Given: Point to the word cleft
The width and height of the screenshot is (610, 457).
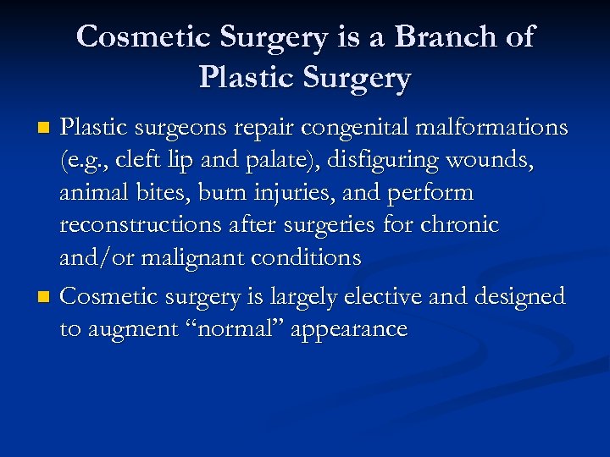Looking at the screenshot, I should (144, 160).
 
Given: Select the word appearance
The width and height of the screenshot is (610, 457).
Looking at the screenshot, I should (348, 328).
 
